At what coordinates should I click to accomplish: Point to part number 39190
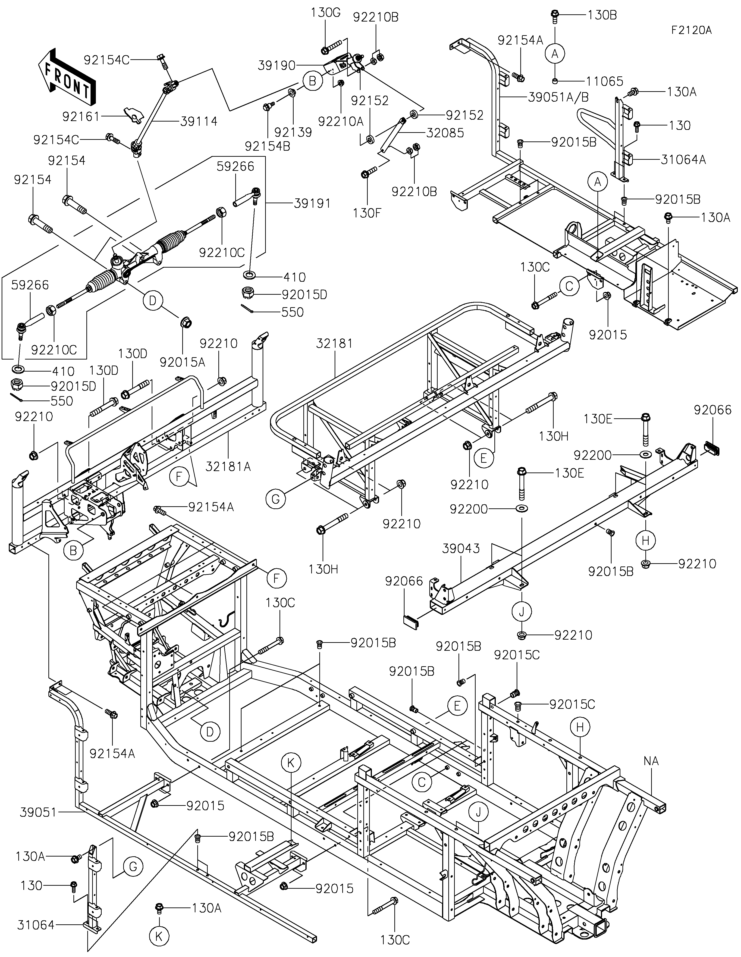[277, 66]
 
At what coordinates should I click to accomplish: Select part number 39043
[461, 548]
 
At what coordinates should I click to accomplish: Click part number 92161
[82, 117]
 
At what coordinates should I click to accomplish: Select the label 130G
[326, 12]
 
